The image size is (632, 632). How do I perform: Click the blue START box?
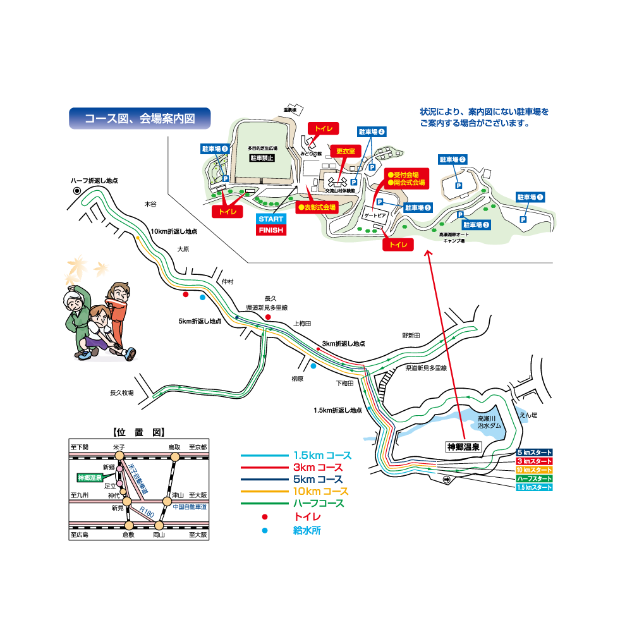(271, 219)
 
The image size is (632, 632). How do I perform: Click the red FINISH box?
(271, 230)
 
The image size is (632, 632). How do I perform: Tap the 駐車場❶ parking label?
(530, 197)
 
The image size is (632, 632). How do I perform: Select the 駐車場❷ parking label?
(453, 160)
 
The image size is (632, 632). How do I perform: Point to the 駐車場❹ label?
(372, 132)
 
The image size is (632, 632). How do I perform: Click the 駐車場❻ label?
(215, 149)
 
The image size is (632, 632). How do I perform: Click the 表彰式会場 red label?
(317, 207)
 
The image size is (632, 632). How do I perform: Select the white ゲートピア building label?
(375, 216)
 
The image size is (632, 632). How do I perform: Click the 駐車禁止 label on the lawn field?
(262, 158)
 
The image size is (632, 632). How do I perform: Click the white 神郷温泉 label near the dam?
(463, 447)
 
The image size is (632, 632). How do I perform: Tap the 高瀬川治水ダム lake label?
(489, 422)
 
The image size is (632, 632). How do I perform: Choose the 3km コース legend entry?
(318, 468)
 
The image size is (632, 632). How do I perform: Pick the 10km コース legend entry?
(321, 491)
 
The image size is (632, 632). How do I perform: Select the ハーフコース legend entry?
(318, 503)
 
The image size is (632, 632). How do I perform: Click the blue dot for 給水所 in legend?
(265, 530)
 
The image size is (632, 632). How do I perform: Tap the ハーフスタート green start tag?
(534, 479)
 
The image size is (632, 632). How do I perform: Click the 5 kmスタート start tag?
(534, 453)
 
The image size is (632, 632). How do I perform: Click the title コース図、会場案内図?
(140, 118)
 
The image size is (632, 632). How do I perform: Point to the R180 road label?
(147, 514)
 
